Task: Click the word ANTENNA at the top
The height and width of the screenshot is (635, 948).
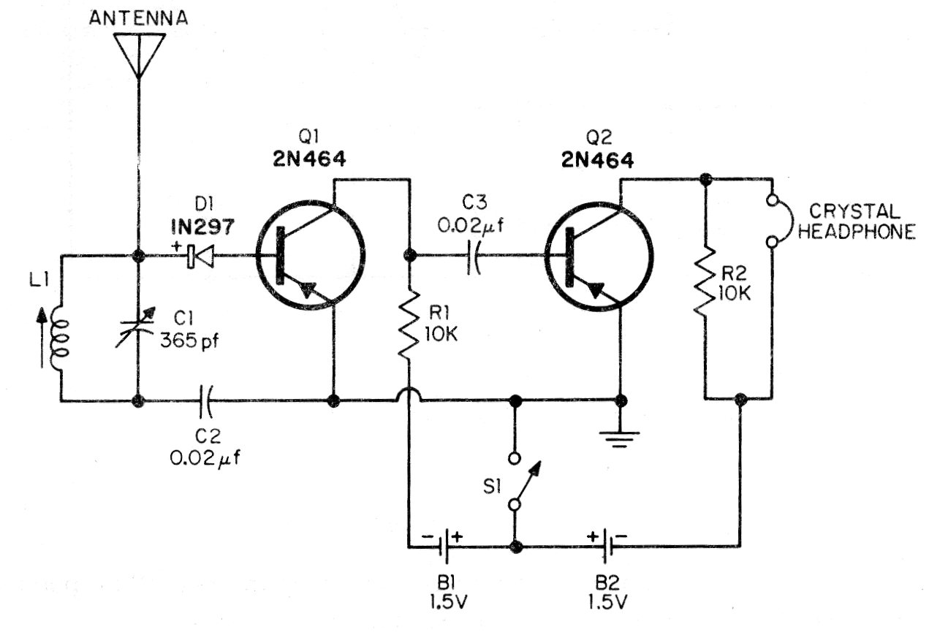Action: tap(138, 18)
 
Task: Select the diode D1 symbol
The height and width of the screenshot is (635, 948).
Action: tap(200, 256)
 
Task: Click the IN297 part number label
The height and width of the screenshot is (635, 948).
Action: tap(202, 227)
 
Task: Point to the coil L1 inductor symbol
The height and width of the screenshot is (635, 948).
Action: tap(59, 338)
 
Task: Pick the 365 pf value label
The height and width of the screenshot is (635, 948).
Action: tap(189, 340)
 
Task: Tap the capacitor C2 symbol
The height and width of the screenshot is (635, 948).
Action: tap(205, 400)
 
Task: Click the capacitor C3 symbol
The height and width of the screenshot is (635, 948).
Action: tap(474, 256)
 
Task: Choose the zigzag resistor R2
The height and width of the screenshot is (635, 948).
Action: tap(705, 281)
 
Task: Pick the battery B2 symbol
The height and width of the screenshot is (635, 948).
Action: tap(606, 546)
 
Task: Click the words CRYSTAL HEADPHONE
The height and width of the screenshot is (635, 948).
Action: tap(857, 221)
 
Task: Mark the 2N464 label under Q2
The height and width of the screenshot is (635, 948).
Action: tap(598, 161)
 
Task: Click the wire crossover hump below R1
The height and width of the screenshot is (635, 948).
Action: tap(409, 395)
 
